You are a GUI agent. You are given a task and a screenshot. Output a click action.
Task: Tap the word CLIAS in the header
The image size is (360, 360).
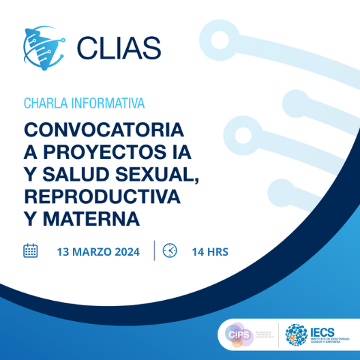coord(119,47)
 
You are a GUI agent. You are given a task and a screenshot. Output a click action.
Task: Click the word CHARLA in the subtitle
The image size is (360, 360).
coord(42,104)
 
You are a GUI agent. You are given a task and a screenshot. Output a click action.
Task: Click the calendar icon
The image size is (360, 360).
coord(31,251)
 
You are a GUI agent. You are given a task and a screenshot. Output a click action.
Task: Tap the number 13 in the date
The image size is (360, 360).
coord(63,252)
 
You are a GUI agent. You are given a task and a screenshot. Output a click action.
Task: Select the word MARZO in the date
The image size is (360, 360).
coord(91,252)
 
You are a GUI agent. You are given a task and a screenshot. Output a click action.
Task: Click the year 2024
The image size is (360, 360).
coord(126,252)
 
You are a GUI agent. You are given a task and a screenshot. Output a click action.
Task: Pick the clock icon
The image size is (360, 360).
coord(170,251)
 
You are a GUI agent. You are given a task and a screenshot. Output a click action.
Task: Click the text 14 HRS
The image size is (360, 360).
coord(210,252)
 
